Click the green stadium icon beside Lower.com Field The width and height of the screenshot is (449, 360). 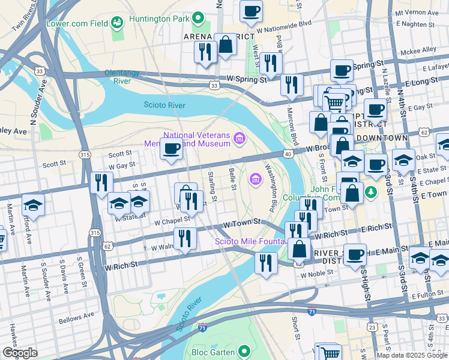click(116, 23)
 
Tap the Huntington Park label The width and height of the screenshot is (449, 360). click(162, 19)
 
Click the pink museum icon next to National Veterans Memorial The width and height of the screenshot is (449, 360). click(240, 139)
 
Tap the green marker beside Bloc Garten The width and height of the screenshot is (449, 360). click(243, 351)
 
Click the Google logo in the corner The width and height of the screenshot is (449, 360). click(20, 353)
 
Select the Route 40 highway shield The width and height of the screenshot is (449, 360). click(288, 155)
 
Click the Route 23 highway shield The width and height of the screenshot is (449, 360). click(372, 327)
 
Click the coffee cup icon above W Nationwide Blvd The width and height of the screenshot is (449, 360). click(251, 10)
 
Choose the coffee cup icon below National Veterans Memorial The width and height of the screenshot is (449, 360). click(172, 148)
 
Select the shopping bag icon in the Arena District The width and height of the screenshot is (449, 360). click(225, 44)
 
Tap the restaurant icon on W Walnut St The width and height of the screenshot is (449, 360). click(185, 238)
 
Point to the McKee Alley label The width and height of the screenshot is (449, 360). click(420, 50)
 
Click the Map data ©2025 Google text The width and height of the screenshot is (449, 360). click(411, 355)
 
